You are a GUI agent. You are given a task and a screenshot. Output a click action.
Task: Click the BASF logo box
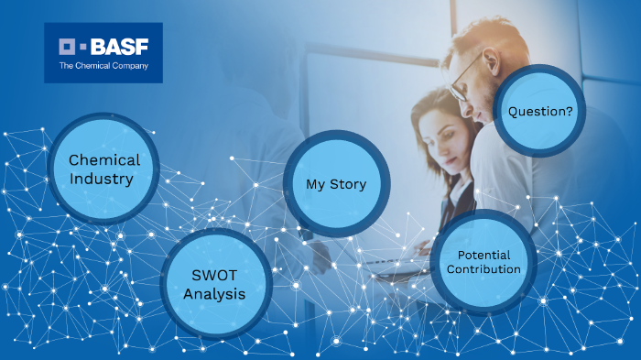103,53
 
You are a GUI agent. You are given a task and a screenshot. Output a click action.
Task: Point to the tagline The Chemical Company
103,66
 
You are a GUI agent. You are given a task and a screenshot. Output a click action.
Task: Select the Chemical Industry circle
103,169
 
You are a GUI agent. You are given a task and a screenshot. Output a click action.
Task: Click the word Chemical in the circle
104,160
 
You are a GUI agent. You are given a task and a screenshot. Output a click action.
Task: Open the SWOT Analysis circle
216,283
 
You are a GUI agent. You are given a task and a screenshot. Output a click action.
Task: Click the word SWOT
216,274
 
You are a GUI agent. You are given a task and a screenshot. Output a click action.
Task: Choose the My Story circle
336,184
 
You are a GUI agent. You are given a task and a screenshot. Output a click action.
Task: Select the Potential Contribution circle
484,262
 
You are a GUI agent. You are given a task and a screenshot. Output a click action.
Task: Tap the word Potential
484,254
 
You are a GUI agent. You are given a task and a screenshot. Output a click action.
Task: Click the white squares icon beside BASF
72,45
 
